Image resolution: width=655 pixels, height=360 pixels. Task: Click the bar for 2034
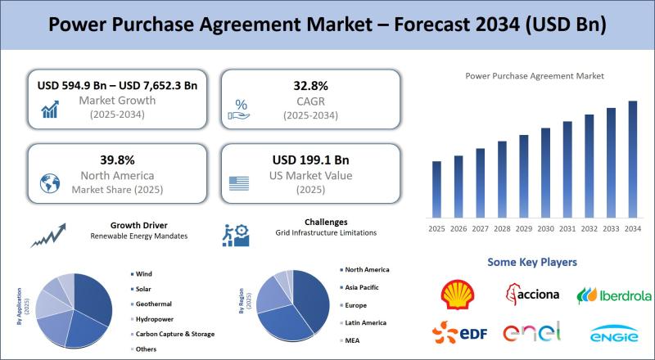click(633, 159)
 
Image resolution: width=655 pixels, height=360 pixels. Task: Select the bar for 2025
click(436, 189)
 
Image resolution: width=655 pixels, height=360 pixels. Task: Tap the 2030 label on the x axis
click(545, 229)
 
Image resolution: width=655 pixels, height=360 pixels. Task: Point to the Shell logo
click(458, 295)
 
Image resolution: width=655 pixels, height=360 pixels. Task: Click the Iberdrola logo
click(613, 295)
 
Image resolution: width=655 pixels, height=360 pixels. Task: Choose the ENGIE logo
click(614, 334)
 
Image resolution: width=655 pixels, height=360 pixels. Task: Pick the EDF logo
click(459, 332)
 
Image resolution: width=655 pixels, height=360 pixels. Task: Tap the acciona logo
click(532, 294)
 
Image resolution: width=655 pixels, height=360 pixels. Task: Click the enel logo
click(531, 332)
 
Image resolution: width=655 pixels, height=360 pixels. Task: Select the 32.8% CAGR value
click(310, 86)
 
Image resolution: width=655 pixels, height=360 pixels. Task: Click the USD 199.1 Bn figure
click(310, 160)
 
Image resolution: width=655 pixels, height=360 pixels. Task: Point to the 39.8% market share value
click(117, 160)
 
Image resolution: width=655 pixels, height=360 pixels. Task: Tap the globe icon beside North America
click(50, 183)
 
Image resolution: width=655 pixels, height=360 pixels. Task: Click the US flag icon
click(239, 183)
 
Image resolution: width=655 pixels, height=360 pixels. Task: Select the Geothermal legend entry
click(151, 304)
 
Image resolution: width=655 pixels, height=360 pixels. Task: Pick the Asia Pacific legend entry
click(359, 287)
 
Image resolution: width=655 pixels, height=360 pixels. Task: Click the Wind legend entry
click(141, 274)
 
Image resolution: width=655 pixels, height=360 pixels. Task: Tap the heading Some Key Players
click(532, 263)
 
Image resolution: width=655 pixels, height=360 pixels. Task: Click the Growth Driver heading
click(139, 225)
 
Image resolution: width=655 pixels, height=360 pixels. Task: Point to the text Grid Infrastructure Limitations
click(326, 232)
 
